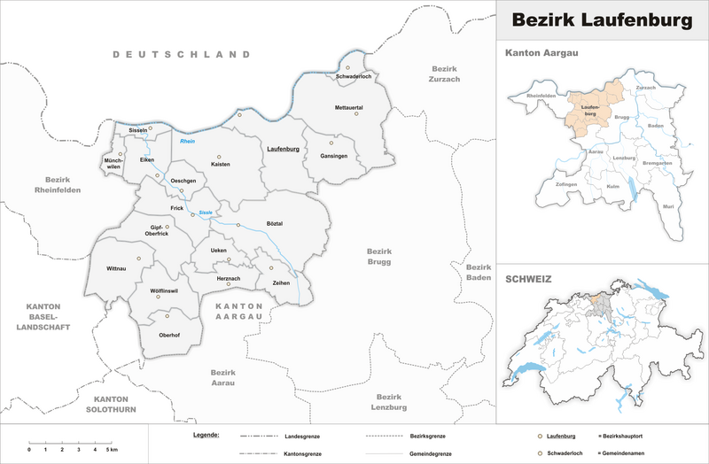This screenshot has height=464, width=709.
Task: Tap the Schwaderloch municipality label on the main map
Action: pos(355,78)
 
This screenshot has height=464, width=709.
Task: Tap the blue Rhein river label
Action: pos(187,142)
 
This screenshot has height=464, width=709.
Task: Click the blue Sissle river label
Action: pos(206,213)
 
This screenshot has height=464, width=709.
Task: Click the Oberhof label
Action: pos(168,334)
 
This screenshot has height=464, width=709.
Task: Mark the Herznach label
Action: pos(229,278)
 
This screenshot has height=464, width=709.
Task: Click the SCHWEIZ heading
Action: pos(528,279)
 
